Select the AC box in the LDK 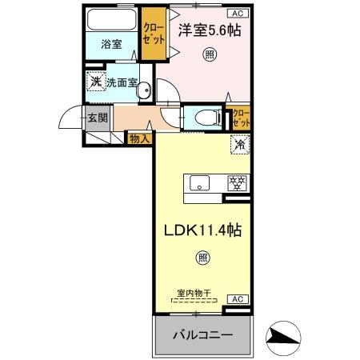[x=238, y=298]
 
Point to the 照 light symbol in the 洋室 [x=209, y=54]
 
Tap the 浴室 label [x=111, y=45]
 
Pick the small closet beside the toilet [x=240, y=118]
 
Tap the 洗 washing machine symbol [x=95, y=81]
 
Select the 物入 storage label [x=140, y=138]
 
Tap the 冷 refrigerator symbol [x=239, y=145]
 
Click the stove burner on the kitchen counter [x=237, y=182]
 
